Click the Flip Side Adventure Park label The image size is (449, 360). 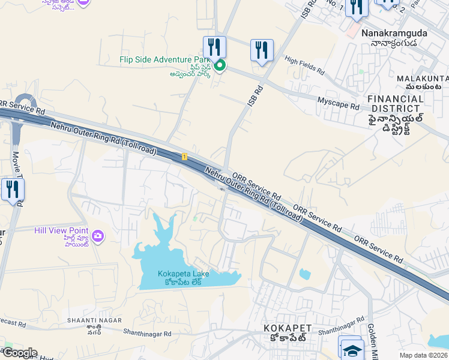pyautogui.click(x=165, y=60)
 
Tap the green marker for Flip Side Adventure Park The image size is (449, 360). pyautogui.click(x=220, y=65)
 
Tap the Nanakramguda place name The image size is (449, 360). pyautogui.click(x=394, y=34)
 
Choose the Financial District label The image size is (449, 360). pyautogui.click(x=396, y=103)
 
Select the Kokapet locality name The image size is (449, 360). pyautogui.click(x=288, y=328)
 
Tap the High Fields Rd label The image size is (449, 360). pyautogui.click(x=304, y=65)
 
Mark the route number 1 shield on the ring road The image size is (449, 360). pyautogui.click(x=185, y=157)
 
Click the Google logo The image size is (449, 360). pyautogui.click(x=20, y=353)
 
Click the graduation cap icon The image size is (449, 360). pyautogui.click(x=352, y=350)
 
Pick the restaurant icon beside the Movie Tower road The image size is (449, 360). pyautogui.click(x=12, y=190)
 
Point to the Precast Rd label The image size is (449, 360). pyautogui.click(x=13, y=324)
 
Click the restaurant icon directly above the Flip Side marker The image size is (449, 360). pyautogui.click(x=214, y=47)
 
